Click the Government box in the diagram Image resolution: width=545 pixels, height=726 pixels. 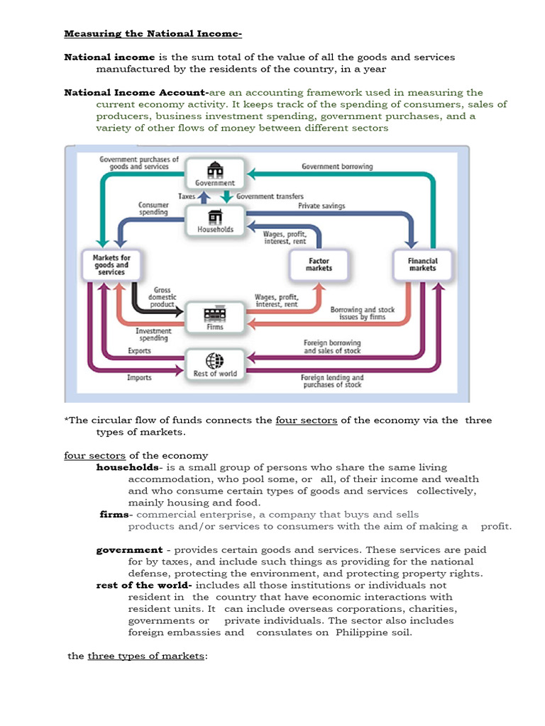tap(215, 174)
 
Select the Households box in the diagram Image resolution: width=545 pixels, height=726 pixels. tap(215, 220)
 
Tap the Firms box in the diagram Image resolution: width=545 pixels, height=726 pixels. tap(215, 318)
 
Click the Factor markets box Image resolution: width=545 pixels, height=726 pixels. tap(319, 265)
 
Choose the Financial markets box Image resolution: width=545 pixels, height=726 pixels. tap(422, 265)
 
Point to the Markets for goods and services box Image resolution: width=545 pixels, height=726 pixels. tap(111, 264)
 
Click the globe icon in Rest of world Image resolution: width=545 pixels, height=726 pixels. tap(214, 359)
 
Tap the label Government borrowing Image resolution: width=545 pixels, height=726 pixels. tap(337, 167)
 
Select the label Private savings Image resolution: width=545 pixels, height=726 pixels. tap(321, 206)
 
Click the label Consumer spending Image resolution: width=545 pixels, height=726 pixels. tap(153, 208)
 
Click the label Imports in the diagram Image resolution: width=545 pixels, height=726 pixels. tap(139, 378)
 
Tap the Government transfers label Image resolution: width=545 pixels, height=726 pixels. tap(270, 196)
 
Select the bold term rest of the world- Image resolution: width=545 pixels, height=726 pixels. tap(144, 586)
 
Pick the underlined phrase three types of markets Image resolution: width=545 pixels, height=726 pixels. tap(147, 656)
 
